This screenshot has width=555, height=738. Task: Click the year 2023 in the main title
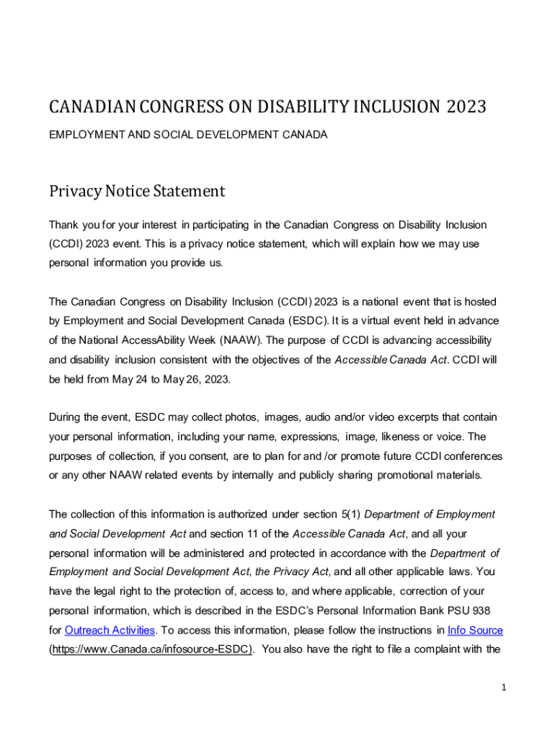coord(466,107)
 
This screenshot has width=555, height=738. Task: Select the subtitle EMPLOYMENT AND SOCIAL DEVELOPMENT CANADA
coord(188,135)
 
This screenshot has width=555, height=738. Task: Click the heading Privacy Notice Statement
coord(137,191)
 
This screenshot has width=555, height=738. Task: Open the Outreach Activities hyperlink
coord(110,631)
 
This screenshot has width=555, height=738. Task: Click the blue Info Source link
coord(475,631)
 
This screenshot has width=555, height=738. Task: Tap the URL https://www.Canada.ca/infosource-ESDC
coord(151,649)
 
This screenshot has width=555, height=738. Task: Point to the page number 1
coord(505,688)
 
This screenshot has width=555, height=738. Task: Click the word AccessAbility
coord(150,340)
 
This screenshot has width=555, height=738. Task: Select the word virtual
coord(410,321)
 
